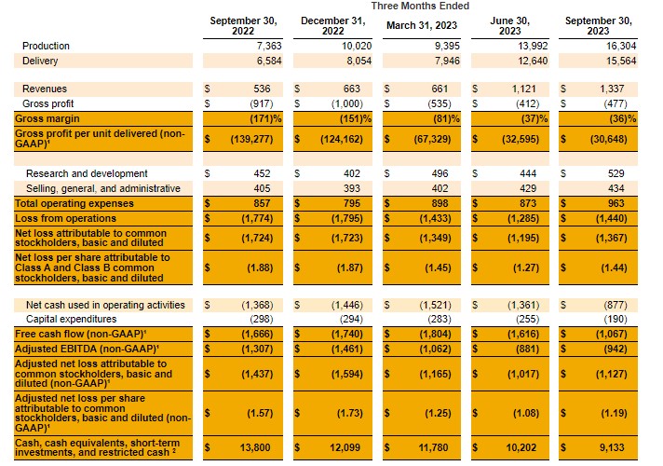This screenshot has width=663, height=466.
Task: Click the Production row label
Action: click(47, 46)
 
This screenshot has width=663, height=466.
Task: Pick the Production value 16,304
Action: click(617, 46)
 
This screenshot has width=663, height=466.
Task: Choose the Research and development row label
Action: click(87, 173)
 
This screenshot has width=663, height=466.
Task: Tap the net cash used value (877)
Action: click(618, 305)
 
